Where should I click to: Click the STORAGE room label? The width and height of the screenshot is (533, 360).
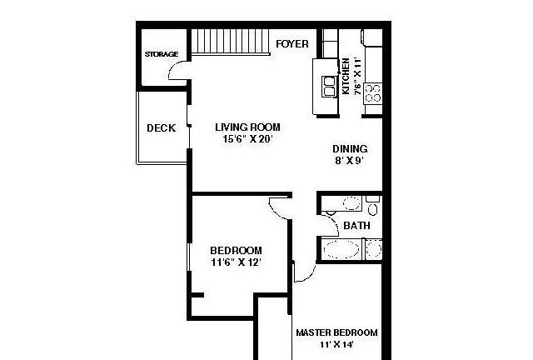tap(162, 54)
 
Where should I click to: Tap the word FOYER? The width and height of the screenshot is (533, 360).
tap(292, 44)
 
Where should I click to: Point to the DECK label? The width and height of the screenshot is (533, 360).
tap(162, 128)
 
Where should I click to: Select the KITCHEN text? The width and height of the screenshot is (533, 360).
tap(346, 76)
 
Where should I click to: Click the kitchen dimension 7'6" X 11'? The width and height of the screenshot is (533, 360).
tap(357, 76)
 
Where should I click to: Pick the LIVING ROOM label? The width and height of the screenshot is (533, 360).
tap(248, 127)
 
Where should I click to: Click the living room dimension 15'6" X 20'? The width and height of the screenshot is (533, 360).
tap(248, 139)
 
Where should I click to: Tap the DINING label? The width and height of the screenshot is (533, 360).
tap(350, 148)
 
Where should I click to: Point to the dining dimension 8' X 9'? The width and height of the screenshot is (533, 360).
tap(350, 160)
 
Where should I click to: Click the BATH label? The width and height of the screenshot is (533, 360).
tap(356, 225)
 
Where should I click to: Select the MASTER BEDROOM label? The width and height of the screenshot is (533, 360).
tap(336, 332)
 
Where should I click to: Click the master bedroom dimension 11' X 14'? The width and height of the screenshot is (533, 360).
tap(336, 344)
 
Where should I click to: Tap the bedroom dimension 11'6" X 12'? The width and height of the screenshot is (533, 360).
tap(237, 262)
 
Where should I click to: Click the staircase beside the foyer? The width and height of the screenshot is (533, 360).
tap(231, 42)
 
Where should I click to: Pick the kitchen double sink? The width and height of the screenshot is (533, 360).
tap(330, 87)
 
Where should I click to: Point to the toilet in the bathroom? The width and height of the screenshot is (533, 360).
tap(372, 206)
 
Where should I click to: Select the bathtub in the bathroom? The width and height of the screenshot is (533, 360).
tap(341, 248)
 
